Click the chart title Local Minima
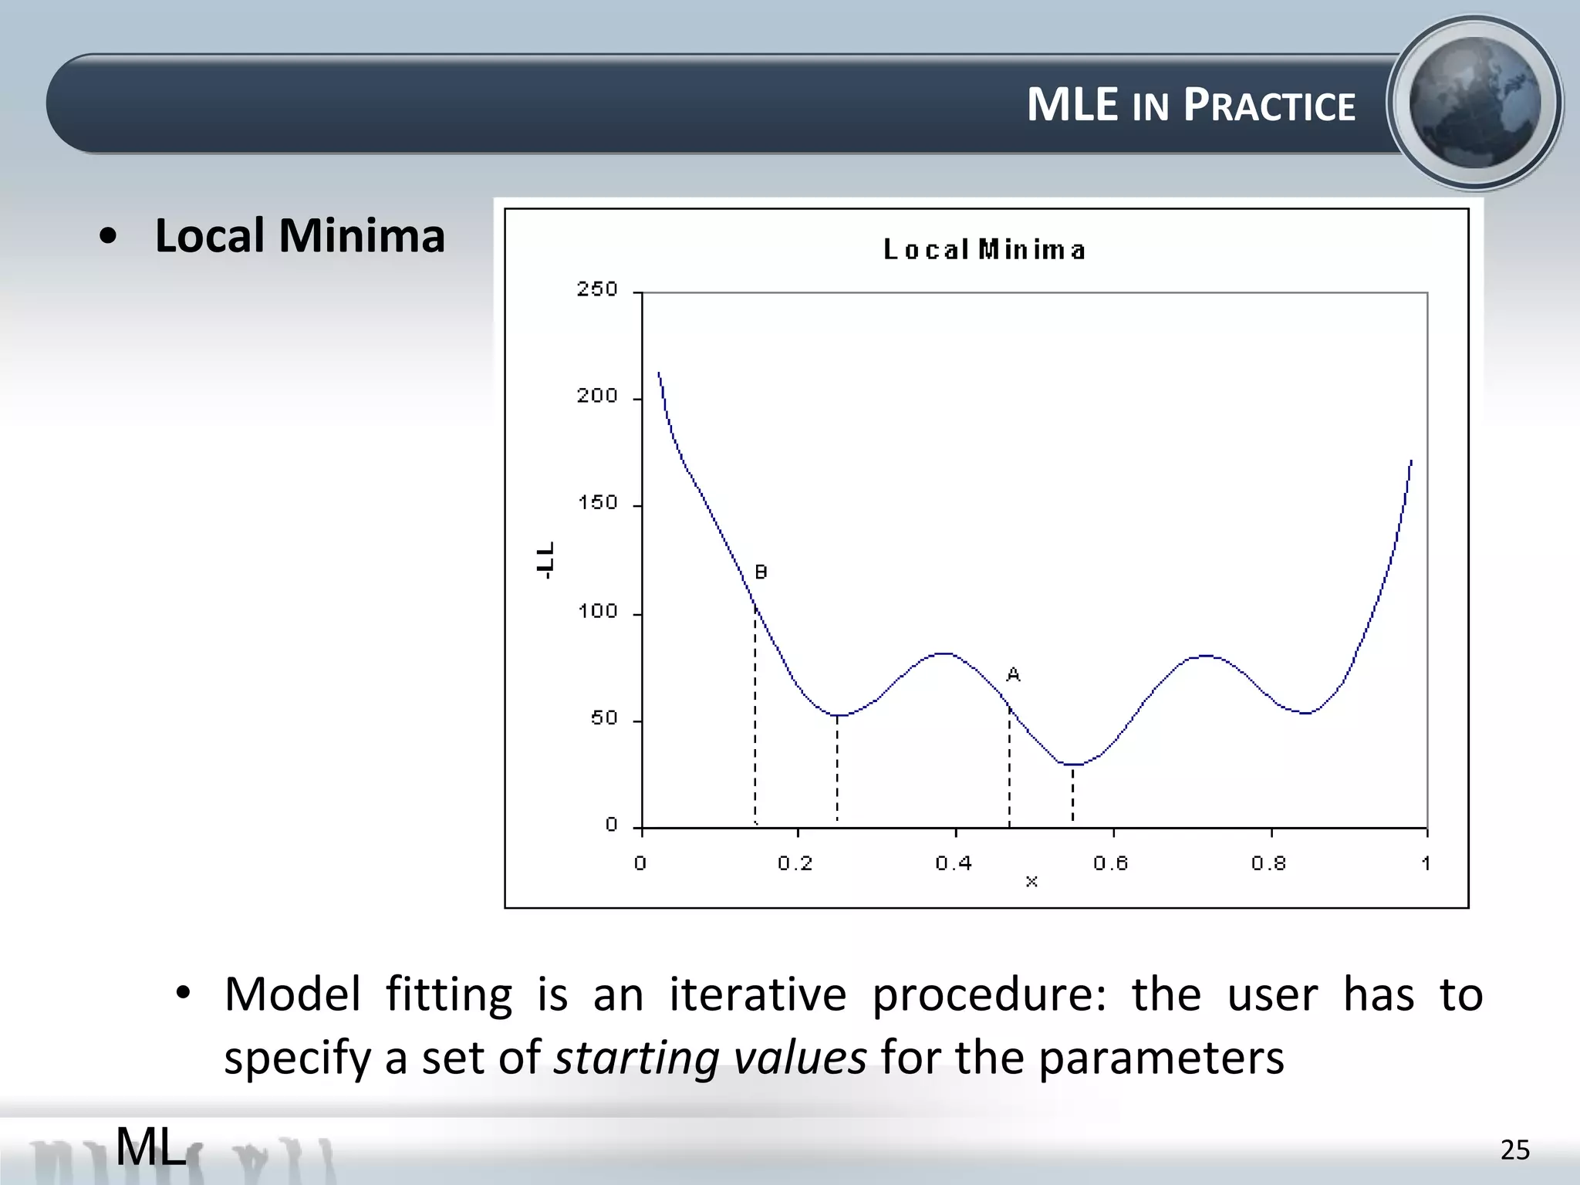tap(984, 250)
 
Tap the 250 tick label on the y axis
tap(597, 289)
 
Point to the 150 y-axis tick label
tap(598, 503)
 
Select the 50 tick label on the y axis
tap(604, 718)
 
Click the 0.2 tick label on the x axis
tap(795, 863)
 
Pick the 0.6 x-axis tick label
tap(1111, 863)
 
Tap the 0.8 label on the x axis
tap(1269, 863)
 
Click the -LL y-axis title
tap(545, 560)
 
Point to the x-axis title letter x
tap(1031, 882)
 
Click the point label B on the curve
tap(761, 572)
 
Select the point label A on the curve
tap(1014, 675)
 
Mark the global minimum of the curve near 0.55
tap(1073, 765)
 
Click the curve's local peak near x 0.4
tap(944, 653)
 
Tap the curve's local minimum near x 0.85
tap(1305, 713)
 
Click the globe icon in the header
tap(1474, 103)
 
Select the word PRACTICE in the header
tap(1269, 106)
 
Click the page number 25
tap(1514, 1150)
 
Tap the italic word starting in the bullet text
tap(636, 1058)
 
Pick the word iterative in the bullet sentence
tap(758, 994)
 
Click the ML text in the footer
tap(151, 1146)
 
